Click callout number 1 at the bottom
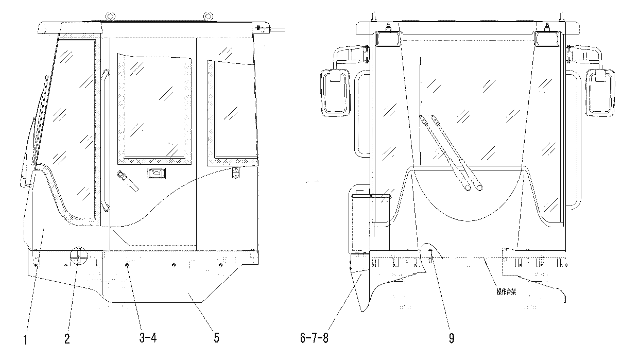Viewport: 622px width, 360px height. click(26, 340)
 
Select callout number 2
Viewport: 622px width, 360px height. click(67, 339)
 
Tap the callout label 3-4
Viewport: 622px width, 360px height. click(148, 338)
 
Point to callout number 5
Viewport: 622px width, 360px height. click(217, 338)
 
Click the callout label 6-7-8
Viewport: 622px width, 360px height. click(314, 338)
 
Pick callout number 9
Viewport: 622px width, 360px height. click(452, 338)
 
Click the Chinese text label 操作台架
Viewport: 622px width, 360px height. click(506, 292)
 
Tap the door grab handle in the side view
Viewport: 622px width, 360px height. click(105, 140)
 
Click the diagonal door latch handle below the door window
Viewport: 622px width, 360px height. click(128, 181)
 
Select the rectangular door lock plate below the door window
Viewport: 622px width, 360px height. click(157, 174)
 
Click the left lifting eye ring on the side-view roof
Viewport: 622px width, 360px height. click(110, 16)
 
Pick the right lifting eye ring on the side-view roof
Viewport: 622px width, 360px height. click(208, 16)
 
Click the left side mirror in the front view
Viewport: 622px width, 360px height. click(335, 93)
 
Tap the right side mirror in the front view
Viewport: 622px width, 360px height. click(600, 93)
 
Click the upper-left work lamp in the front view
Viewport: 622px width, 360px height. click(388, 39)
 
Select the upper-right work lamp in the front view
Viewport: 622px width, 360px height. click(546, 39)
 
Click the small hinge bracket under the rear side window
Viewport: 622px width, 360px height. click(235, 173)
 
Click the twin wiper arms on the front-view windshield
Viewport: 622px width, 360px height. click(451, 153)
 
